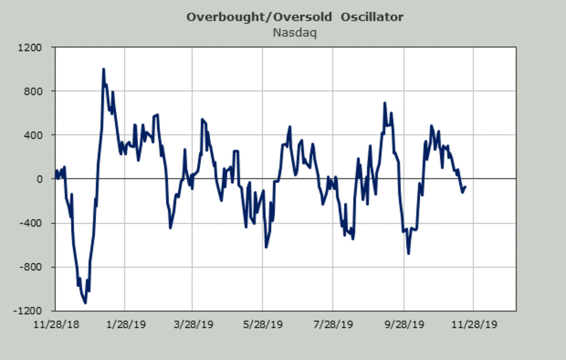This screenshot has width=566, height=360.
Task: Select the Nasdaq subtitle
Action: (x=294, y=33)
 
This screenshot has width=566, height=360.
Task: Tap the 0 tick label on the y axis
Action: (x=40, y=179)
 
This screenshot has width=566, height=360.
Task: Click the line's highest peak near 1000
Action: (x=103, y=69)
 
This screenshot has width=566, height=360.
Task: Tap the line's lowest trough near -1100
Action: (x=85, y=302)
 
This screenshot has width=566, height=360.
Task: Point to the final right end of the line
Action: (x=466, y=187)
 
